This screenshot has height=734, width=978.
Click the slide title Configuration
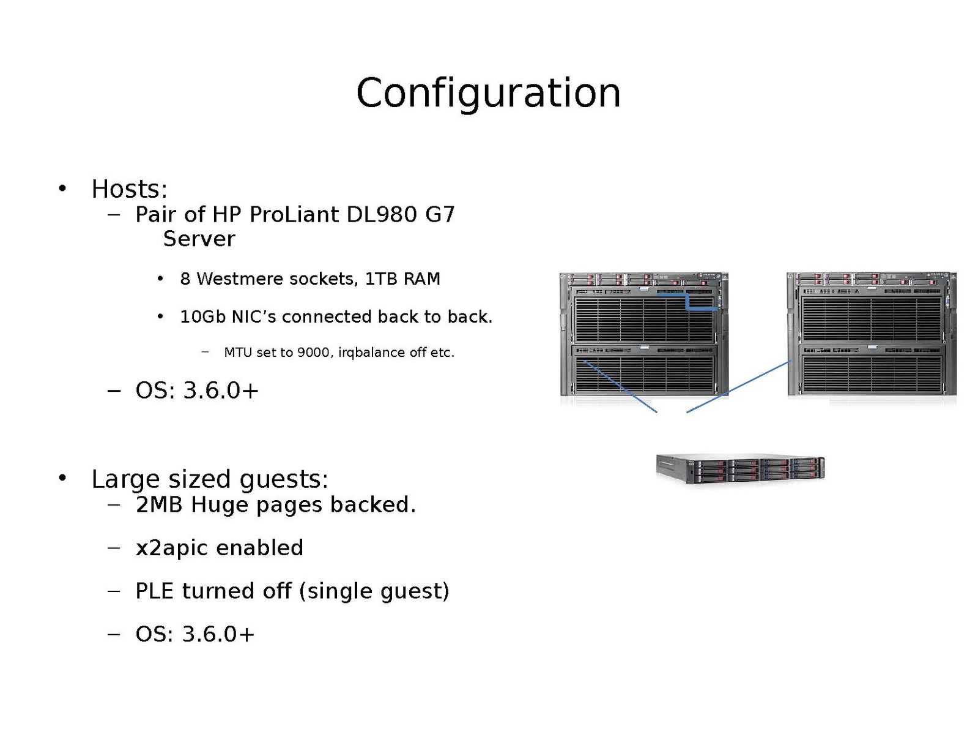point(488,93)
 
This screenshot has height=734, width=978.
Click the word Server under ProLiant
point(199,239)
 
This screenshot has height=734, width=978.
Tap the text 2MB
point(158,505)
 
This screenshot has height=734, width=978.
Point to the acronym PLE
point(154,591)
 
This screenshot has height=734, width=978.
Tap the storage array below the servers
point(740,469)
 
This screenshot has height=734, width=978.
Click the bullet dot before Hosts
point(62,189)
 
